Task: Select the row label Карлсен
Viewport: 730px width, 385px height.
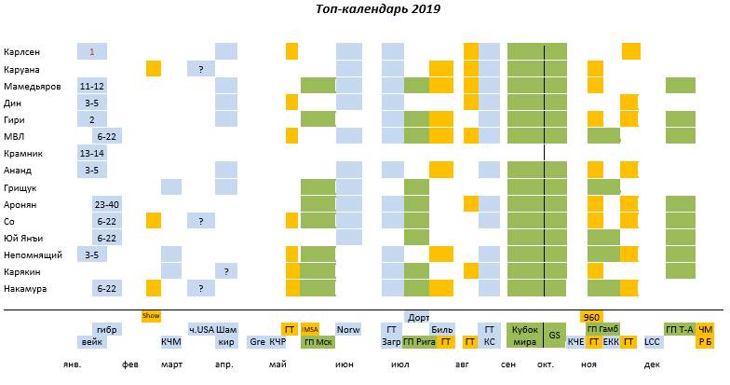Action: (x=21, y=51)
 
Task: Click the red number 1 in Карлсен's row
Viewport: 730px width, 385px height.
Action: (x=92, y=51)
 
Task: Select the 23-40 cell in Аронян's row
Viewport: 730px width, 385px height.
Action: (x=106, y=204)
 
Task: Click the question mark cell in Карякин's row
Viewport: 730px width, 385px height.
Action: (x=225, y=270)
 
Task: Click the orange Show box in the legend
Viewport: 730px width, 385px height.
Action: (x=151, y=316)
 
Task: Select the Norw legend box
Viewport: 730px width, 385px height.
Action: (x=348, y=329)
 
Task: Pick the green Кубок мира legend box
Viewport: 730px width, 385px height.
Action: (x=525, y=336)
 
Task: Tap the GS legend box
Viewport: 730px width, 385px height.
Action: (x=555, y=336)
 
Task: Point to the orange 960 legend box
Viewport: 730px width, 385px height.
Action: (x=590, y=316)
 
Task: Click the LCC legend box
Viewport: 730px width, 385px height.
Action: (x=652, y=342)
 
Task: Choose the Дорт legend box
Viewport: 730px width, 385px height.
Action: (x=418, y=316)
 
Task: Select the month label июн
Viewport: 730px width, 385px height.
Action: (x=345, y=364)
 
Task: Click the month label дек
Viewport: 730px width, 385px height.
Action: (x=652, y=364)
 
